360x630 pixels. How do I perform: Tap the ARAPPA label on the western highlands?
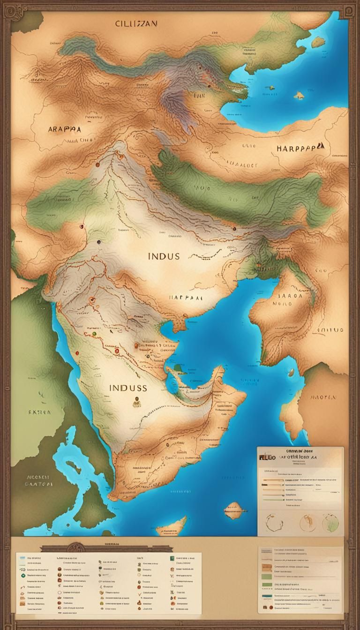click(64, 129)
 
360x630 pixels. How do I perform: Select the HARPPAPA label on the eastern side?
click(300, 148)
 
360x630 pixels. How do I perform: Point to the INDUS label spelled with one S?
click(164, 256)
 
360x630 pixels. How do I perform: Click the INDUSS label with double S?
click(128, 388)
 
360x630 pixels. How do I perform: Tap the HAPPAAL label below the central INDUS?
click(186, 297)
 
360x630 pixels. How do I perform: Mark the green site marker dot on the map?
click(94, 333)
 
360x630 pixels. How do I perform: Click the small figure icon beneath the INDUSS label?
click(136, 402)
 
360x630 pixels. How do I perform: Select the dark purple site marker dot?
click(98, 242)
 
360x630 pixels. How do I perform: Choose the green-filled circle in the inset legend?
click(330, 522)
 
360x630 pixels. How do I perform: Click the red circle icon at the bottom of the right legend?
click(271, 607)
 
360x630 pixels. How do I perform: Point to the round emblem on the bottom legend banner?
click(74, 547)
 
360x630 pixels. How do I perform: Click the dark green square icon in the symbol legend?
click(172, 559)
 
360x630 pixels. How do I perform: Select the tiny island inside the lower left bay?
click(71, 466)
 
